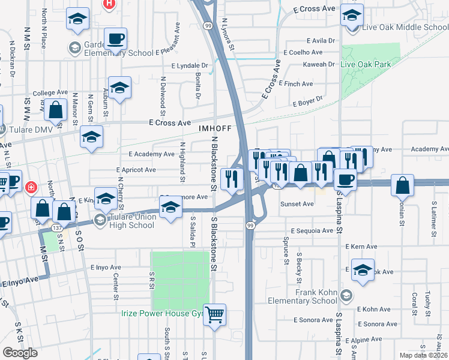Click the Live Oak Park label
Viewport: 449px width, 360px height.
coord(365,64)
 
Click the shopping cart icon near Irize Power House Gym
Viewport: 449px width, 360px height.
coord(215,314)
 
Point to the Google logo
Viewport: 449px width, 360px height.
coord(20,352)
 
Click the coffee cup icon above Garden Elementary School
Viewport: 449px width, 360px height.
coord(115,40)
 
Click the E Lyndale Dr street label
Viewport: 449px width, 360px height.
coord(189,65)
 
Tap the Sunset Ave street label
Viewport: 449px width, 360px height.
coord(297,204)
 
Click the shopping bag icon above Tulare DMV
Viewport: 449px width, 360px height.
coord(55,112)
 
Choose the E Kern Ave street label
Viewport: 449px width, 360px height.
coord(360,247)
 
